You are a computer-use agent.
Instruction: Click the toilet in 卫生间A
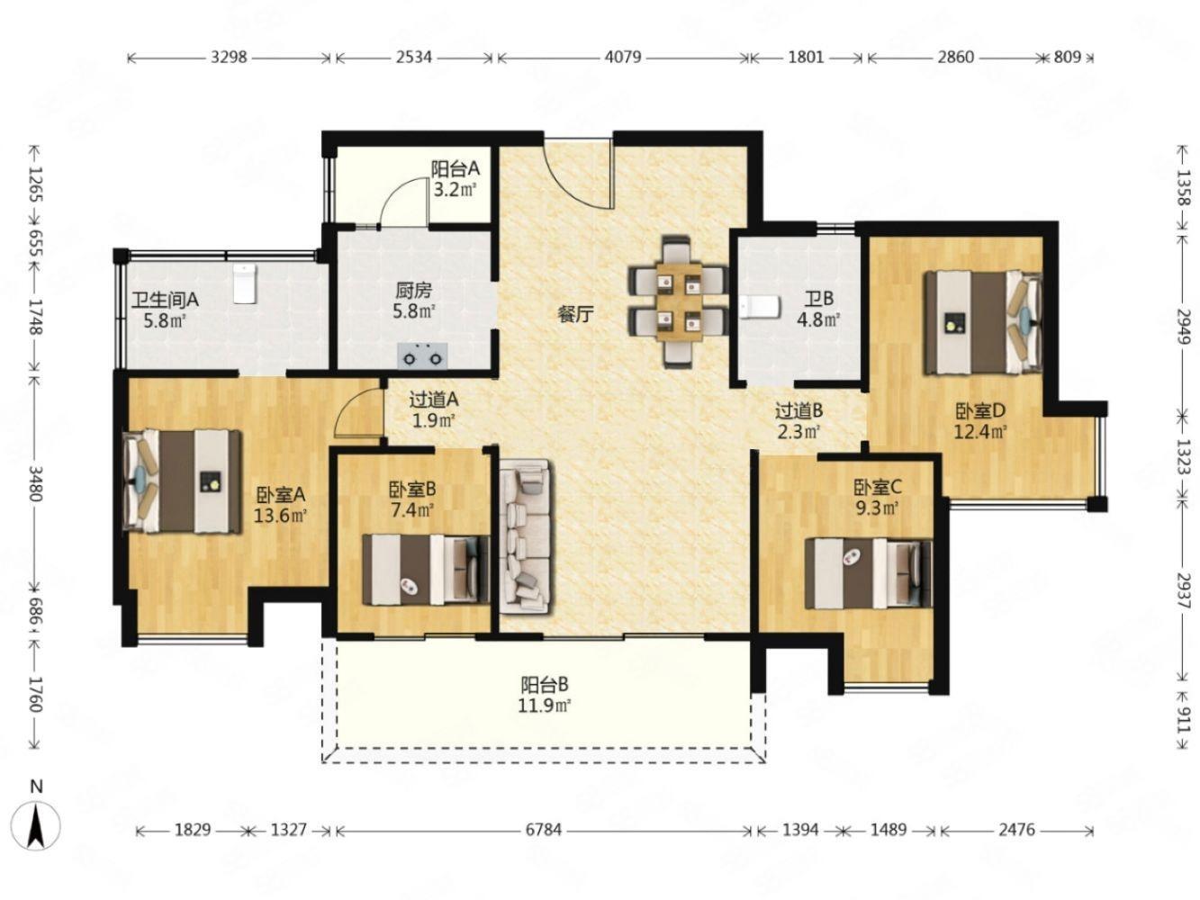pos(244,283)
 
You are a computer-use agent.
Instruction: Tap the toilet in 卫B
pos(760,307)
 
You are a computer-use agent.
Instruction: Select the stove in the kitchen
pos(422,355)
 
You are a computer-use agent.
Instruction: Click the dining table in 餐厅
pos(679,301)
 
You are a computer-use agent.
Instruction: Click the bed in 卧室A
pos(183,481)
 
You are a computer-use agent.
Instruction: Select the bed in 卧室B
pos(426,570)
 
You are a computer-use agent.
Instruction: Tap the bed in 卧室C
pos(868,573)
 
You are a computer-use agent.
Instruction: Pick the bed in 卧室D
pos(983,323)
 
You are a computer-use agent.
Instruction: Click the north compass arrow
pos(37,826)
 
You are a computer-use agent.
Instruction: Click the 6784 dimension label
pos(544,830)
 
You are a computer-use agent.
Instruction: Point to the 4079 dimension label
pos(623,57)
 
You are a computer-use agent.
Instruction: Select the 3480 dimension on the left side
pos(36,483)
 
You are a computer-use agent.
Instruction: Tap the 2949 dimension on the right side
pos(1182,326)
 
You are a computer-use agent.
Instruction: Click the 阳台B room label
pos(544,685)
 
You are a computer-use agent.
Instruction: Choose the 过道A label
pos(434,400)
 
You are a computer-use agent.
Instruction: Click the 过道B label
pos(798,409)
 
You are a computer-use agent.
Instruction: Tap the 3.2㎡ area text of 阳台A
pos(455,190)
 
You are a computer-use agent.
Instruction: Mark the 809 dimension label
pos(1067,57)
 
